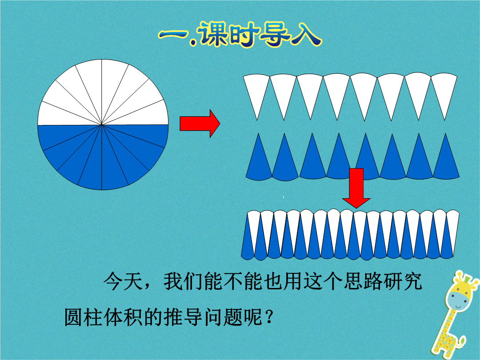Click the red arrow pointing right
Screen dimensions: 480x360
click(x=200, y=124)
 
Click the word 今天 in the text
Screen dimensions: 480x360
click(x=123, y=281)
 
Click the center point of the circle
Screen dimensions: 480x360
click(x=102, y=124)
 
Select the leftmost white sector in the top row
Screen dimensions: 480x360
click(x=256, y=93)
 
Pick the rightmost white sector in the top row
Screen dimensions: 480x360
click(x=444, y=93)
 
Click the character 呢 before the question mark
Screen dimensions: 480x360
click(x=253, y=317)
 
